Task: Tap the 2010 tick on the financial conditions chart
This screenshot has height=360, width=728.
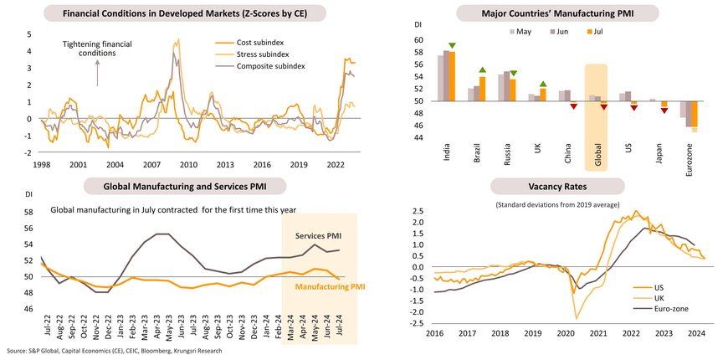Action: [188, 164]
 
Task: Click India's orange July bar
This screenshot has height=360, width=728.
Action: [453, 76]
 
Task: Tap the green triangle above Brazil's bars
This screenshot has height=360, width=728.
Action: [482, 70]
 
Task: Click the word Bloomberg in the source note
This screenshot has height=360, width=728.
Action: [156, 351]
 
